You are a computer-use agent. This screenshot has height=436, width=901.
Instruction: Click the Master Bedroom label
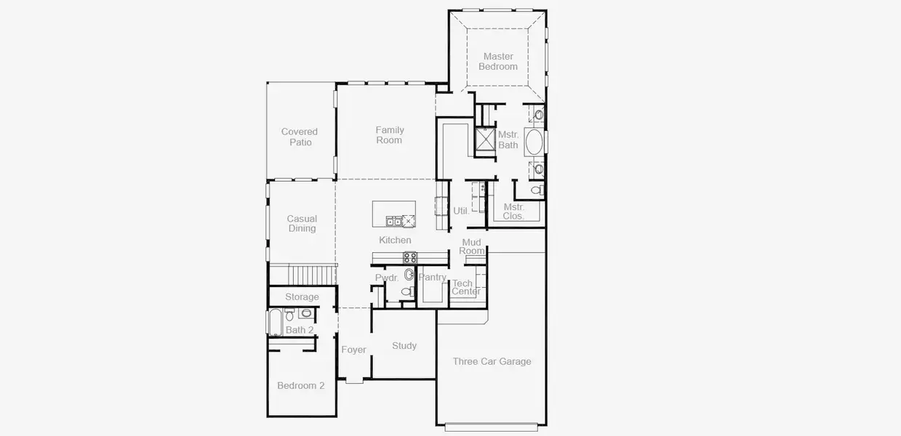point(498,62)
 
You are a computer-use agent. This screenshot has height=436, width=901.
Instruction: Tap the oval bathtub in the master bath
point(534,142)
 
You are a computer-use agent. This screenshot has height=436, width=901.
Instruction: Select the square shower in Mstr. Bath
point(484,138)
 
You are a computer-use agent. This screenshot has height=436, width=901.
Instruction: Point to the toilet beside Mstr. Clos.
point(537,190)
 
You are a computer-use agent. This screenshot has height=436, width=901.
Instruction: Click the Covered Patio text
point(300,137)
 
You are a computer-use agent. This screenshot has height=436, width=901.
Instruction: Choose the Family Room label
point(389,135)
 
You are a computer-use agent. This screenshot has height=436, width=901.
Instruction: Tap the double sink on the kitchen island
point(393,221)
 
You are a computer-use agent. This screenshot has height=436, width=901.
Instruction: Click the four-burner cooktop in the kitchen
point(410,257)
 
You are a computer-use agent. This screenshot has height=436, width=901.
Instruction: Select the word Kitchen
point(395,240)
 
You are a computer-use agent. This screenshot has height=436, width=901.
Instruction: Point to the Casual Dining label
point(302,224)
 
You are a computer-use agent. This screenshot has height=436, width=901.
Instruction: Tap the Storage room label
point(302,297)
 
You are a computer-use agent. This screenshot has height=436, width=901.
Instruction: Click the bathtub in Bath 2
point(275,322)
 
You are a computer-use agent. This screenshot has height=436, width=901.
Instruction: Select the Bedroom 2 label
point(301,385)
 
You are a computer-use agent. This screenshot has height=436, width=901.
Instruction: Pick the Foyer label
point(354,350)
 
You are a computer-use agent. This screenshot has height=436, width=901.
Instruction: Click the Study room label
point(404,346)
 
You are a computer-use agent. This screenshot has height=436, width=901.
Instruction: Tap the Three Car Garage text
point(492,361)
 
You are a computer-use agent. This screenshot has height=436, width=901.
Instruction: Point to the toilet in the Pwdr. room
point(407,291)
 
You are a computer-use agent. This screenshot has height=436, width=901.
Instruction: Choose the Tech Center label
point(465,288)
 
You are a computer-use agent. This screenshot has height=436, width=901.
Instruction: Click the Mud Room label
point(471,246)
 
